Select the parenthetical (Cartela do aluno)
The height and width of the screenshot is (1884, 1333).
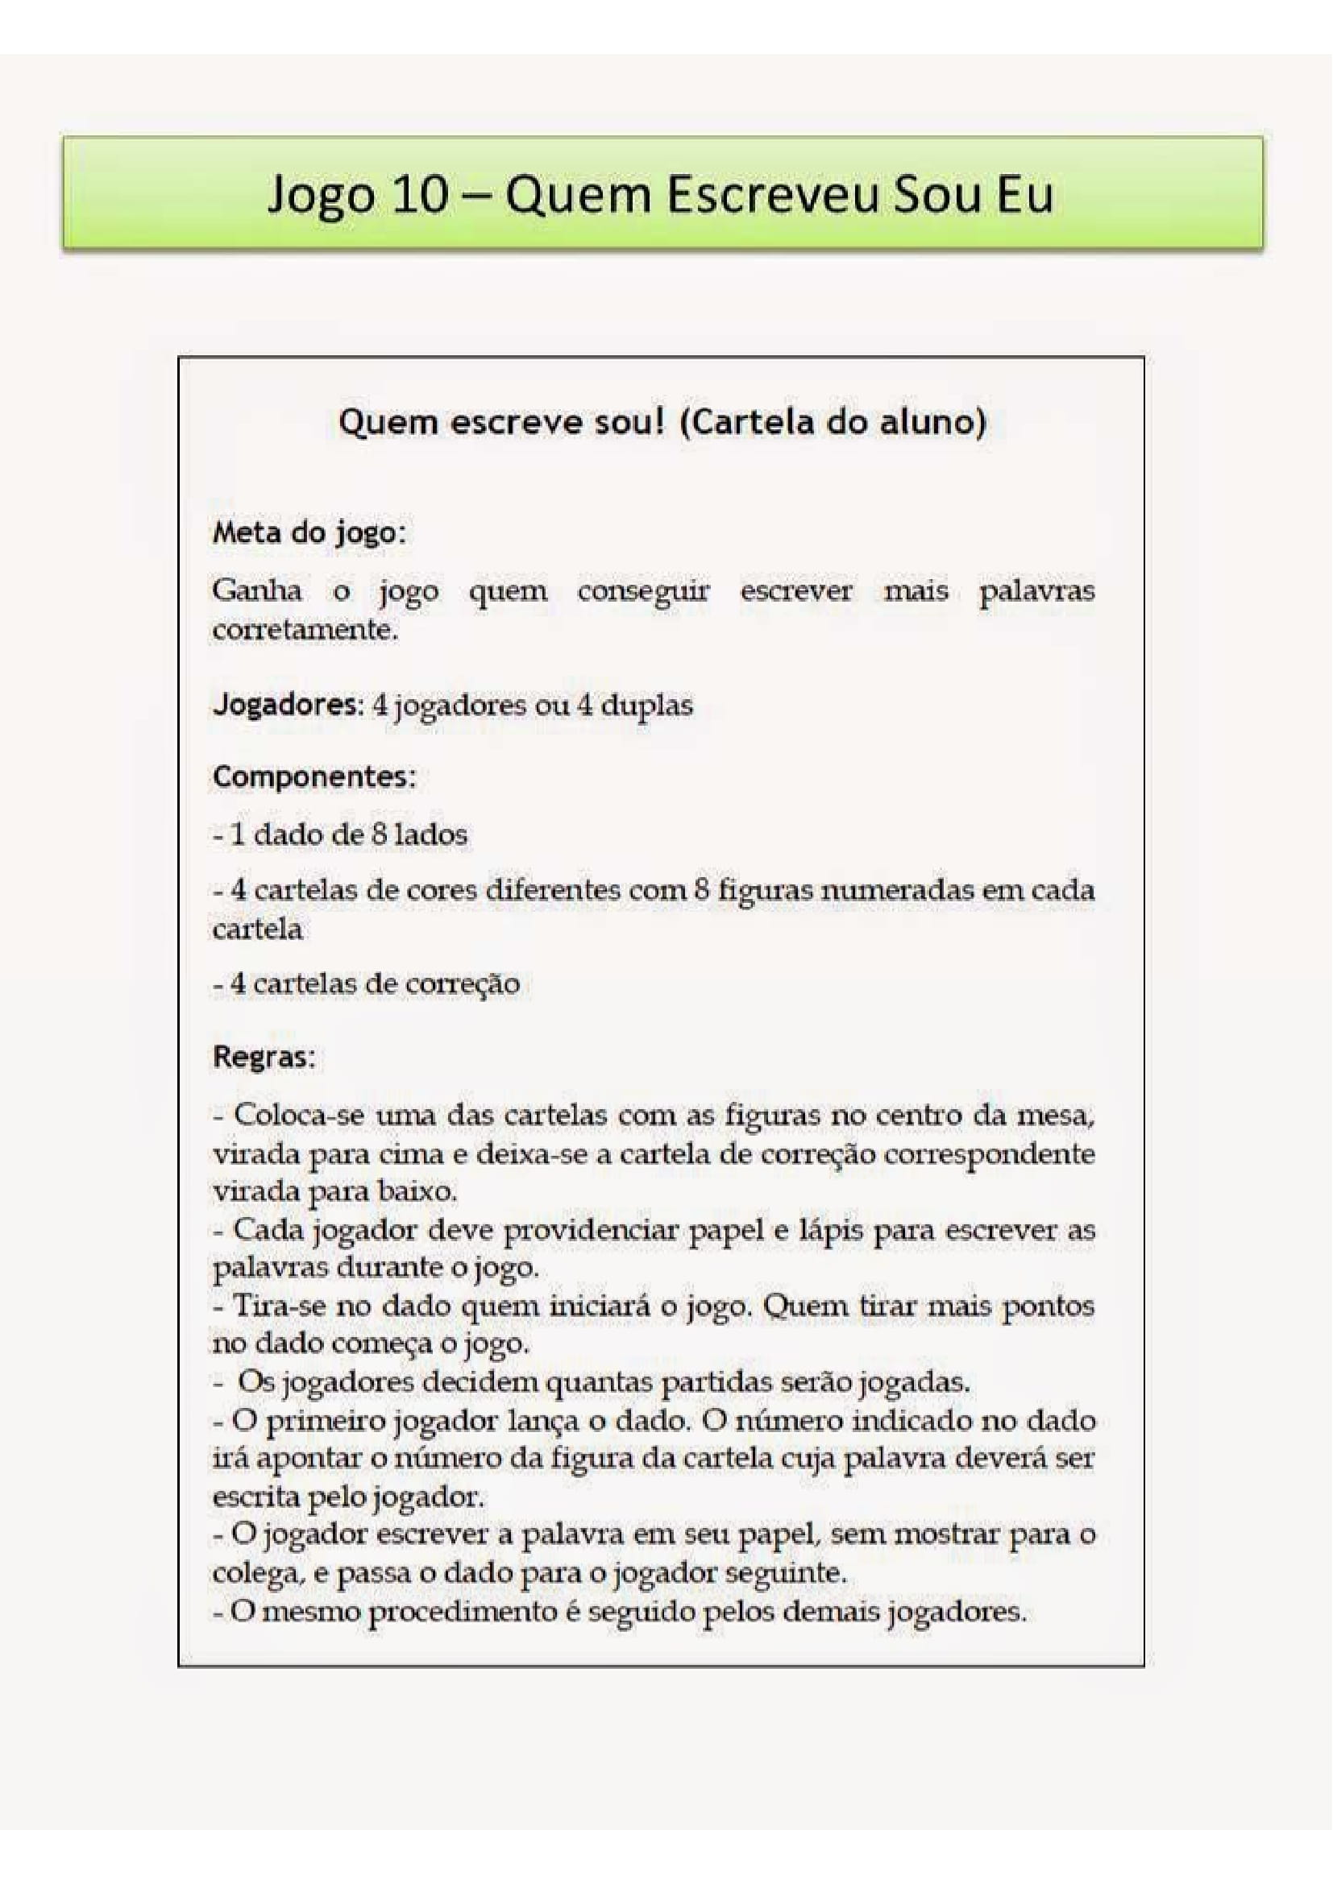point(834,422)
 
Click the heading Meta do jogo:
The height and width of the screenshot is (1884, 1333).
point(309,533)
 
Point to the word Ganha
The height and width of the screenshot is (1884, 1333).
point(257,590)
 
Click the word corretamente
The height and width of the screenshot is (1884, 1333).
point(305,630)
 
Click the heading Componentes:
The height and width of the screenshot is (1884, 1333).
point(314,776)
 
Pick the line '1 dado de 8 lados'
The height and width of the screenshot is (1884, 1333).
point(341,835)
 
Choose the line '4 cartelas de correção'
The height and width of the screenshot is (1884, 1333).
point(367,983)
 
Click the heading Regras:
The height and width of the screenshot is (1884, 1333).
point(264,1056)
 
